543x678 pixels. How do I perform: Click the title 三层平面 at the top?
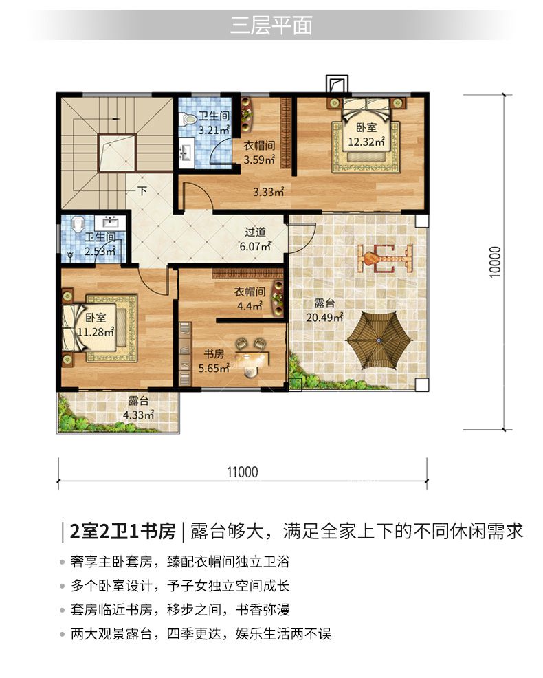point(271,25)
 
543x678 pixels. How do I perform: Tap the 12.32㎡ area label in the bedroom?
point(366,142)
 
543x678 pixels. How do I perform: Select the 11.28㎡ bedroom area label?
point(96,331)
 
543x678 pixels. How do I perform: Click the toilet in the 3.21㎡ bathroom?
point(188,120)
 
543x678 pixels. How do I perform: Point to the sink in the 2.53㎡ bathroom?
point(110,222)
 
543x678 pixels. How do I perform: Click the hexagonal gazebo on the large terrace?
point(379,340)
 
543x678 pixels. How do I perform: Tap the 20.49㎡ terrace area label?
point(324,318)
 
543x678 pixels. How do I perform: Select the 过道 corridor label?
point(255,232)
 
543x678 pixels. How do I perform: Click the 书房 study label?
point(214,354)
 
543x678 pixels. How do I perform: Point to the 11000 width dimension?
point(243,472)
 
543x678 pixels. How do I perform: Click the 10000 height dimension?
point(496,262)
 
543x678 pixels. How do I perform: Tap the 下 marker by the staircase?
point(142,190)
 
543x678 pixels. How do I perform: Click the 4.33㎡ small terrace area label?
point(138,415)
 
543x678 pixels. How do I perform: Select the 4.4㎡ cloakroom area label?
point(250,306)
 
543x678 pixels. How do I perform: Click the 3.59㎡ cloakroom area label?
point(259,159)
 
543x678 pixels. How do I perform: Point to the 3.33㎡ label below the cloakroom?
point(269,191)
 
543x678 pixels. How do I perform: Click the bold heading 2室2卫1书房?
point(123,532)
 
